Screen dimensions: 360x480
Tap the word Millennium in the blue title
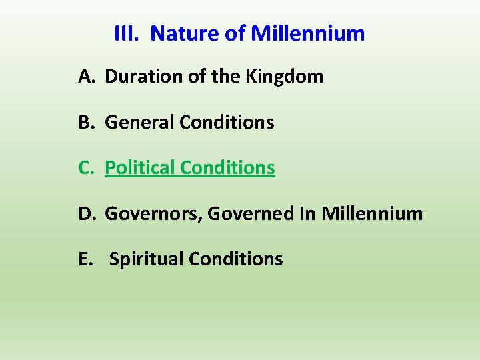click(308, 33)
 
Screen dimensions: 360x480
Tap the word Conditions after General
click(227, 123)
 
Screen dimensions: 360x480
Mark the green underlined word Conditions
click(227, 168)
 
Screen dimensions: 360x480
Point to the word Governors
click(154, 214)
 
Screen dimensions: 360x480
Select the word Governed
click(246, 214)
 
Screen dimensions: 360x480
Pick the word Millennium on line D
click(372, 214)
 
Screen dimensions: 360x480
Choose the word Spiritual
click(146, 259)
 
